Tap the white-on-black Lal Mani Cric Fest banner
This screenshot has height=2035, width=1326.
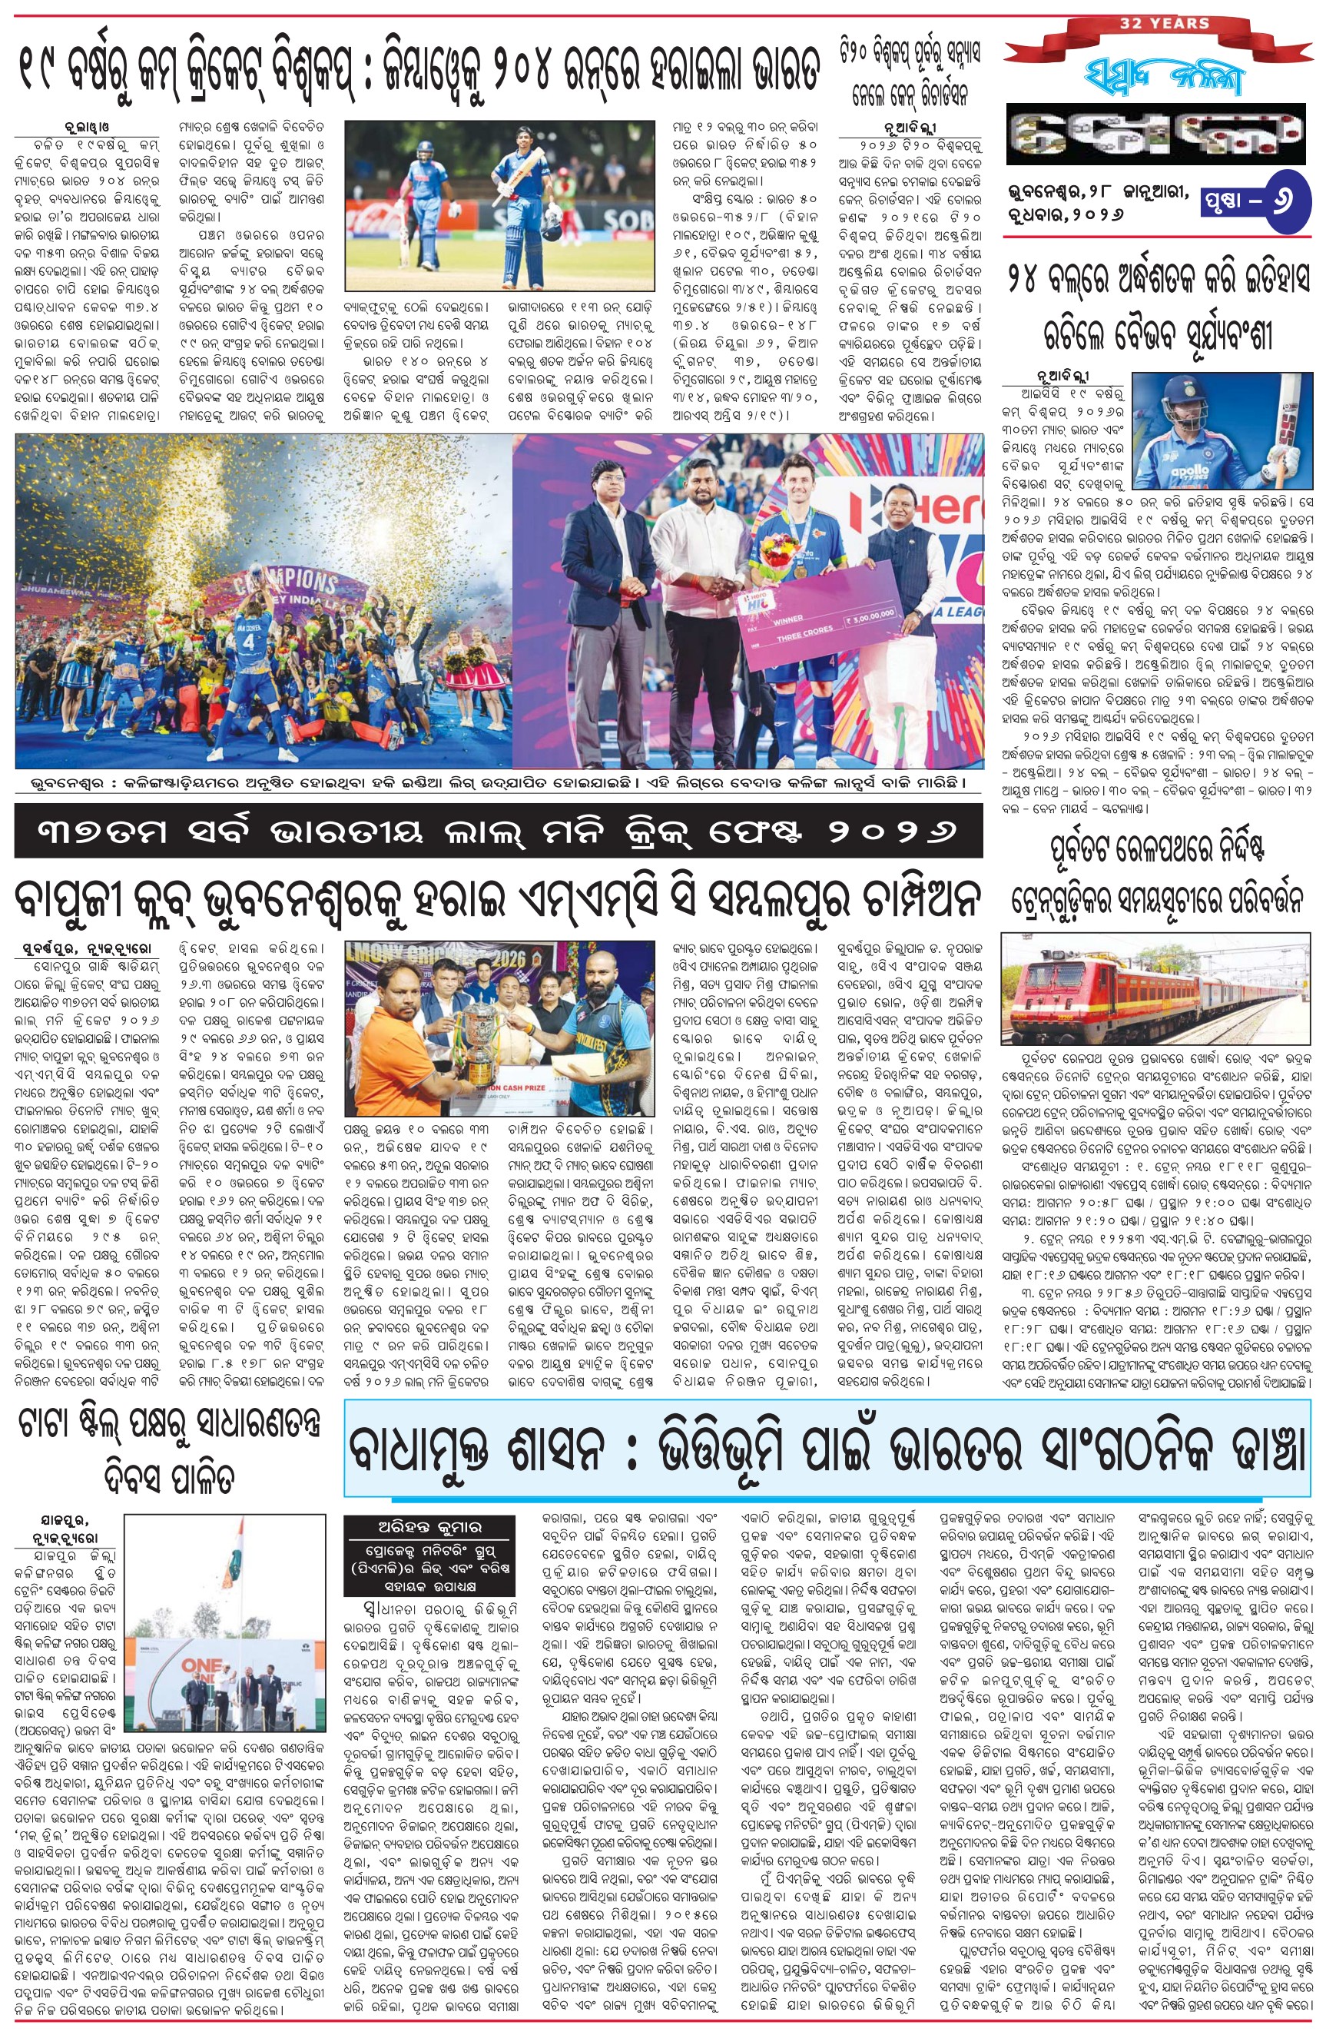pyautogui.click(x=499, y=832)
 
